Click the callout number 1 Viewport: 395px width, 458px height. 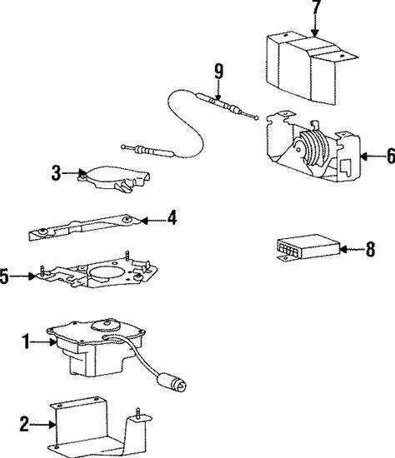pyautogui.click(x=27, y=342)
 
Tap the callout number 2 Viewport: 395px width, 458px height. pyautogui.click(x=24, y=424)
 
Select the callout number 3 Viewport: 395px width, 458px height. pyautogui.click(x=56, y=173)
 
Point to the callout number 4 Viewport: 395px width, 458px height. pyautogui.click(x=172, y=217)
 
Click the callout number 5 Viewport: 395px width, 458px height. pyautogui.click(x=4, y=276)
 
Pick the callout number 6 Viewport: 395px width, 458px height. pyautogui.click(x=391, y=156)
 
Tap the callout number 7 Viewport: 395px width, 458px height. pyautogui.click(x=317, y=7)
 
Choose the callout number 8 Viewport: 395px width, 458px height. pyautogui.click(x=371, y=250)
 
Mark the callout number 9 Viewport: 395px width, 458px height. pyautogui.click(x=218, y=72)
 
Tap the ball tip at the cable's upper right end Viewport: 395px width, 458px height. pyautogui.click(x=257, y=118)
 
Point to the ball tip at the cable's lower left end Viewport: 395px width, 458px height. pyautogui.click(x=123, y=147)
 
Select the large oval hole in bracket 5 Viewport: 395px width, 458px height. pyautogui.click(x=106, y=272)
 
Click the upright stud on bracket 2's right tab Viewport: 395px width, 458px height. pyautogui.click(x=137, y=413)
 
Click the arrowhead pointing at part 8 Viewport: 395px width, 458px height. pyautogui.click(x=344, y=250)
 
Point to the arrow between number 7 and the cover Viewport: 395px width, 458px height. pyautogui.click(x=315, y=26)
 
